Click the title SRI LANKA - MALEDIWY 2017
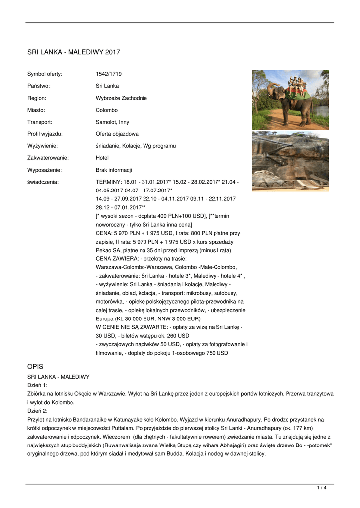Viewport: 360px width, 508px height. (x=73, y=52)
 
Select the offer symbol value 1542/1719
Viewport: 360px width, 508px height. (x=109, y=74)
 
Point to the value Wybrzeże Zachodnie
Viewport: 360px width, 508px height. (x=121, y=98)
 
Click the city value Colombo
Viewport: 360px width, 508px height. (x=107, y=110)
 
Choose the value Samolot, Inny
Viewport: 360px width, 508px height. (x=112, y=122)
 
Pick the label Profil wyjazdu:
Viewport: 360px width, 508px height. (x=45, y=134)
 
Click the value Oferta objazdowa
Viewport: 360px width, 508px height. (x=117, y=134)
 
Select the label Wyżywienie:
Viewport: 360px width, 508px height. (x=42, y=146)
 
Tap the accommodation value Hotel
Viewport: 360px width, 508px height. (x=102, y=158)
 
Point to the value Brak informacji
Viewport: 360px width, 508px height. (x=114, y=170)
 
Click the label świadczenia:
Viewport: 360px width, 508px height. (x=43, y=182)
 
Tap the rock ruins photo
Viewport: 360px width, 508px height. (x=290, y=161)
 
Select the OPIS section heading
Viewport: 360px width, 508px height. (x=35, y=366)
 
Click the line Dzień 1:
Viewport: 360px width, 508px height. (x=37, y=385)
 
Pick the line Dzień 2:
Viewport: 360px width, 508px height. (x=37, y=411)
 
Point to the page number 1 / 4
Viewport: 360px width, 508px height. (x=322, y=488)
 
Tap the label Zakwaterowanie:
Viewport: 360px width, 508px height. (x=48, y=158)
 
